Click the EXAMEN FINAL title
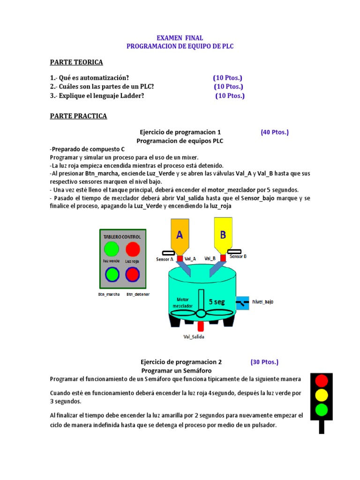(180, 38)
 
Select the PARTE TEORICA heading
(76, 62)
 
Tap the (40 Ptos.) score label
(275, 132)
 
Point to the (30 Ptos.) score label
(264, 362)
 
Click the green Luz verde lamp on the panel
(112, 248)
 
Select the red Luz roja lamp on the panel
(133, 248)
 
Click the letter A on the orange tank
(179, 234)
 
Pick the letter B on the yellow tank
(223, 234)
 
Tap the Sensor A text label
(165, 259)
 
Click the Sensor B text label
(238, 256)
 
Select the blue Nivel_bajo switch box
(242, 302)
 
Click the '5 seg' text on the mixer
(217, 302)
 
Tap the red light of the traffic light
(322, 380)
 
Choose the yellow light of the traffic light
(322, 395)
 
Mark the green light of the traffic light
(322, 410)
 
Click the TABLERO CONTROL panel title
(122, 237)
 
